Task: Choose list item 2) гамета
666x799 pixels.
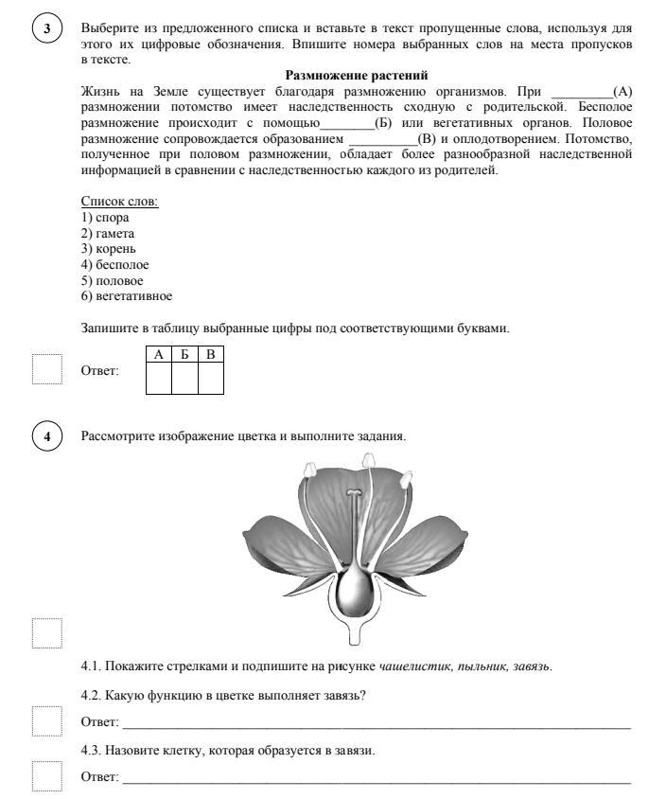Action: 108,233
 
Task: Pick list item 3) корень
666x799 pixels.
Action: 109,249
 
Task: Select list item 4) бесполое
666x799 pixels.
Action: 114,265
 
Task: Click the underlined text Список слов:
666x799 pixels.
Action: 119,201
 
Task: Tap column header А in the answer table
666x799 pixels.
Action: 160,354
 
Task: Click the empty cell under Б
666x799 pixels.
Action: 185,378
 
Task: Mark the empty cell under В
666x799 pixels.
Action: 211,378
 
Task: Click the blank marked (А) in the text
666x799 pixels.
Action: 581,91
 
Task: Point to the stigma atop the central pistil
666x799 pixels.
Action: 354,493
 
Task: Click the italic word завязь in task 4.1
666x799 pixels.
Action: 532,666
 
